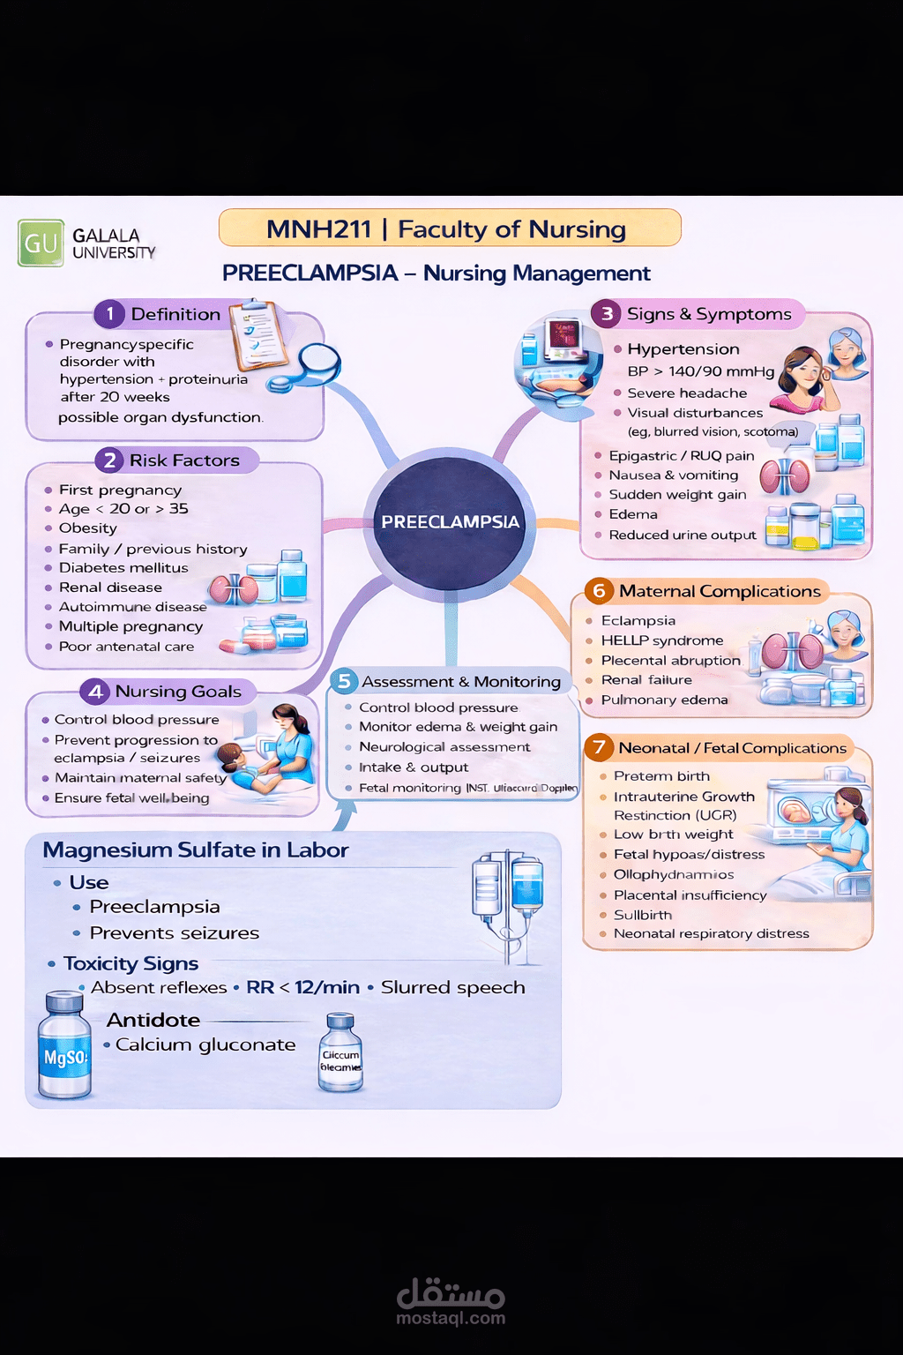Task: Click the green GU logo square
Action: pyautogui.click(x=41, y=243)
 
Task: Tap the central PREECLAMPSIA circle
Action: pyautogui.click(x=450, y=522)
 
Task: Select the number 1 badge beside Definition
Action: pyautogui.click(x=110, y=313)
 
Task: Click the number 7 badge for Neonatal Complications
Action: pyautogui.click(x=600, y=747)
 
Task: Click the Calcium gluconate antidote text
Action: pyautogui.click(x=205, y=1044)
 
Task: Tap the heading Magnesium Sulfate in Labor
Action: pyautogui.click(x=196, y=850)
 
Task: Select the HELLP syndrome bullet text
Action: pyautogui.click(x=662, y=640)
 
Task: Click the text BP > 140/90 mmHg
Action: pyautogui.click(x=701, y=371)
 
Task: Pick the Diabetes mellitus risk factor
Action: pyautogui.click(x=123, y=568)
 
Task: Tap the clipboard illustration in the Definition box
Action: pyautogui.click(x=260, y=334)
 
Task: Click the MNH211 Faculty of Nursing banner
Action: pyautogui.click(x=449, y=228)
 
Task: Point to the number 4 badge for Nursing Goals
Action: pyautogui.click(x=96, y=692)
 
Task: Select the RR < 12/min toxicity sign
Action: pyautogui.click(x=303, y=987)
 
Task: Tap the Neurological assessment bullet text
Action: pyautogui.click(x=444, y=747)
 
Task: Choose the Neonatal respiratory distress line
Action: pyautogui.click(x=711, y=933)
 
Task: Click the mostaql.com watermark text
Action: pyautogui.click(x=451, y=1319)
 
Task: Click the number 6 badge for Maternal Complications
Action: pyautogui.click(x=600, y=591)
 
